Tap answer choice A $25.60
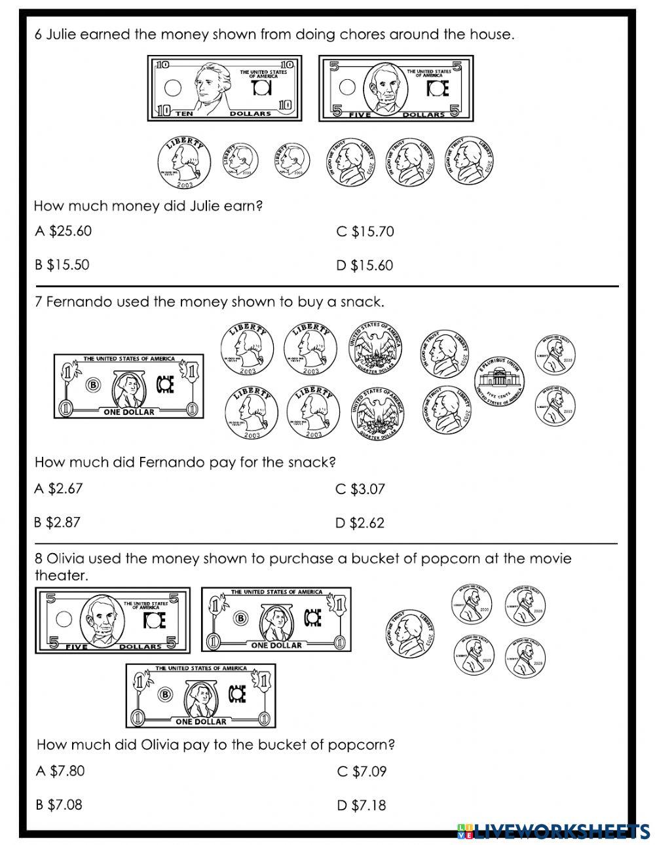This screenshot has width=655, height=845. [64, 231]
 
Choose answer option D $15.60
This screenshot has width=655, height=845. [365, 265]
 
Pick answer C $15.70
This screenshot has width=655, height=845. [365, 231]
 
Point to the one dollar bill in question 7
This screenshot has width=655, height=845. [128, 387]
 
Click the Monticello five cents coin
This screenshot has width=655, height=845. [500, 382]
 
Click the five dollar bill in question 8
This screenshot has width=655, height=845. [112, 620]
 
